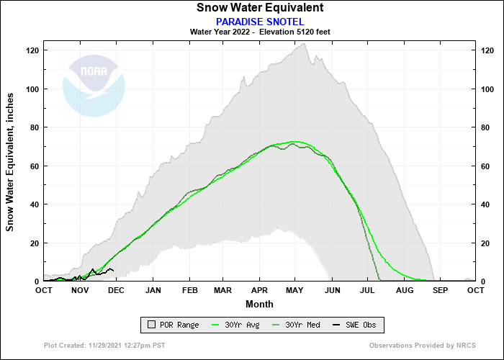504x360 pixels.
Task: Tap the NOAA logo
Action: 94,86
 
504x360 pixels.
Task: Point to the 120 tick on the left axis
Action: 32,50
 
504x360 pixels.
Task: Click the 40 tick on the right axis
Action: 485,204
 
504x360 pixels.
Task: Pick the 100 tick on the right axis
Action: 487,89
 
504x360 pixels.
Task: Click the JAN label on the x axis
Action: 153,290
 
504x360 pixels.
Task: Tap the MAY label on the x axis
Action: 296,290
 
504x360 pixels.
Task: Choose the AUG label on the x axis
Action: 404,290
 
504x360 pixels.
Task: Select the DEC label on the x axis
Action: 116,290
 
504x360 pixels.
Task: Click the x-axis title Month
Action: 259,304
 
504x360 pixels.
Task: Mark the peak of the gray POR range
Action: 305,44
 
